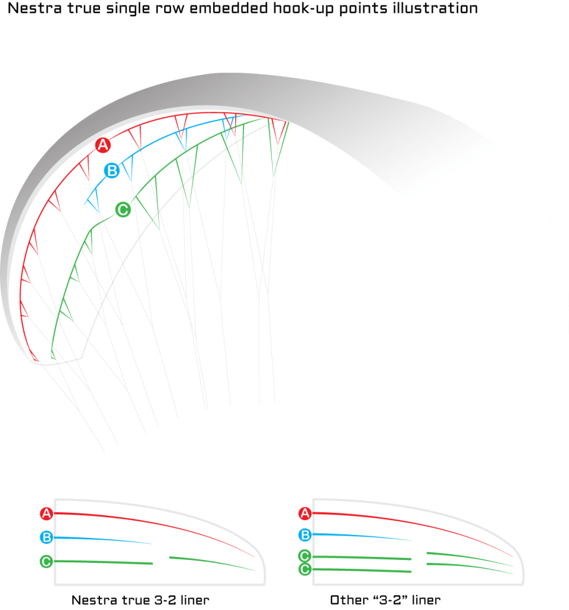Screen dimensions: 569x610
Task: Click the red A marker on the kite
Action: tap(103, 145)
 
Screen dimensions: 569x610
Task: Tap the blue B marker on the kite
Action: tap(112, 170)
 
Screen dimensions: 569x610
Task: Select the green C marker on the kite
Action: tap(123, 210)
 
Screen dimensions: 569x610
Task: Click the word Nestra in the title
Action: tap(35, 8)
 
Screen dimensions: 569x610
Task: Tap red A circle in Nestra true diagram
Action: tap(46, 513)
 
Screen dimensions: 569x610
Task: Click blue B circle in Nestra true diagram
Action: tap(46, 537)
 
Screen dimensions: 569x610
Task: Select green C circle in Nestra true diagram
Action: tap(46, 561)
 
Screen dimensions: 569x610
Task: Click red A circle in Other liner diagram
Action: tap(305, 513)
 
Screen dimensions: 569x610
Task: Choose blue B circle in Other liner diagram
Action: tap(305, 534)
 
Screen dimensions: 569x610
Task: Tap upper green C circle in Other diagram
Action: tap(305, 556)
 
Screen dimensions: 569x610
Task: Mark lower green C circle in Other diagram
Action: tap(305, 569)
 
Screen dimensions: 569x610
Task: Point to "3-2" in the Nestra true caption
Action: tap(165, 600)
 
